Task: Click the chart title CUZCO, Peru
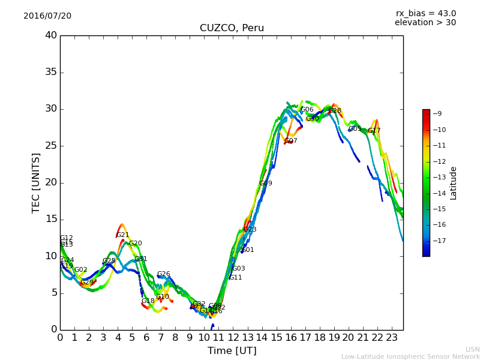232,28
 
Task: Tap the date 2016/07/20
47,16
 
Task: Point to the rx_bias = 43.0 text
425,13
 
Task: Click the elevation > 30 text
425,23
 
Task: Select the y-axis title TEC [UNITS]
36,182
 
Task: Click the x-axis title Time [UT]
232,351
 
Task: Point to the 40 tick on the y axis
50,35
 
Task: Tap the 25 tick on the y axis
50,146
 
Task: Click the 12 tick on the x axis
233,338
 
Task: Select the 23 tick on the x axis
391,338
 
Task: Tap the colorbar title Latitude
454,183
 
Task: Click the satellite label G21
123,235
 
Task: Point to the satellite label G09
266,184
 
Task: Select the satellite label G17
374,131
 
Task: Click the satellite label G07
291,141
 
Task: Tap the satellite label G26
164,274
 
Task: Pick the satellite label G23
250,230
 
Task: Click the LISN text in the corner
472,349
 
